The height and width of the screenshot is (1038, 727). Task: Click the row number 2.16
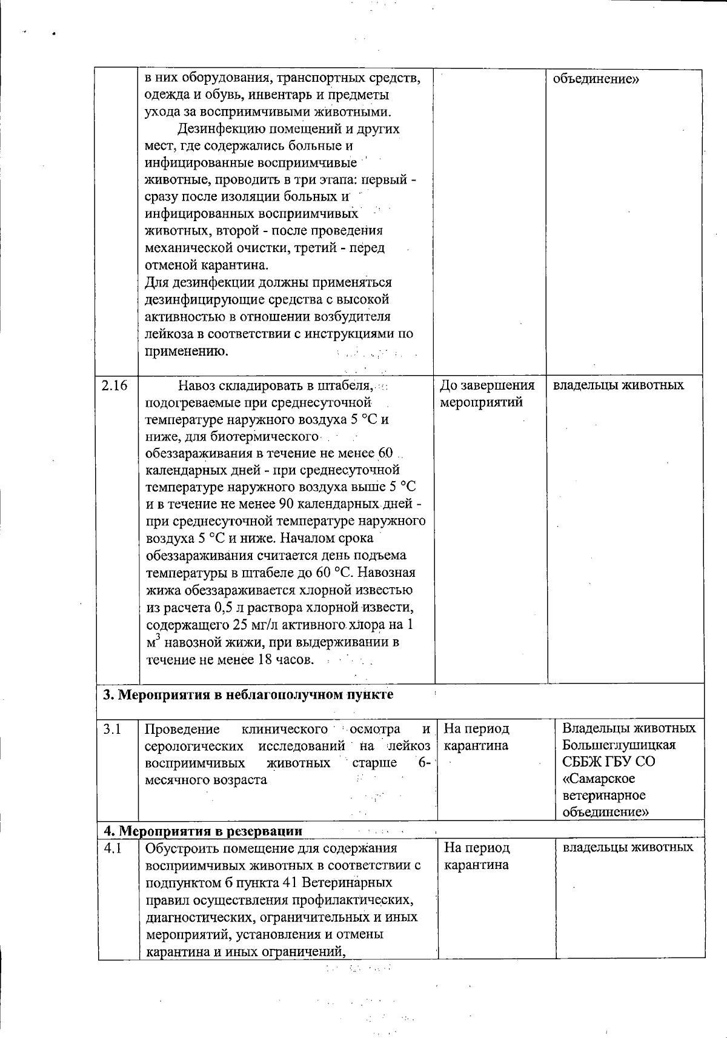[x=115, y=385]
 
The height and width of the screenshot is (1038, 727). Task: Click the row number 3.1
[x=112, y=729]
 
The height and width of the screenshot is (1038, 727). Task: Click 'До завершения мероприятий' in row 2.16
[x=486, y=394]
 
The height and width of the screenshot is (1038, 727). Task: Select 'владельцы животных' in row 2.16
[x=619, y=385]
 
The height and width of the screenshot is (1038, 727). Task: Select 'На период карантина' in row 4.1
[x=476, y=856]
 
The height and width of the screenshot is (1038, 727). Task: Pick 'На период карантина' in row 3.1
[x=476, y=737]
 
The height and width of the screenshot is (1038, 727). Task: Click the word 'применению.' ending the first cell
[x=187, y=351]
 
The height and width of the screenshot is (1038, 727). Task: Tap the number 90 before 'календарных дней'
[x=285, y=504]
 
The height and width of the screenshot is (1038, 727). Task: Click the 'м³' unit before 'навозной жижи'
[x=153, y=642]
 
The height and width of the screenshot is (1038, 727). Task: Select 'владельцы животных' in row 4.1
[x=628, y=848]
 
